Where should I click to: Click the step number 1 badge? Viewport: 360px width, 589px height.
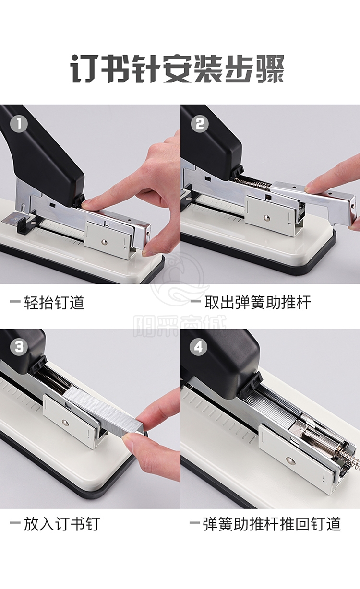pos(19,124)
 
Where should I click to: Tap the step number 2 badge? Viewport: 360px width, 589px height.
pos(200,124)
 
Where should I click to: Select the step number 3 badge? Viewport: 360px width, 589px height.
pos(19,347)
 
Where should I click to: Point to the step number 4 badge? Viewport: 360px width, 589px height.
pos(198,347)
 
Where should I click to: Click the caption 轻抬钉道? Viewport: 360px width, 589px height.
pos(54,302)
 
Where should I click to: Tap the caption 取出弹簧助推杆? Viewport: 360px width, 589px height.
pos(258,302)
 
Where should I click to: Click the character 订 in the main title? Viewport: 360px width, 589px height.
pos(84,69)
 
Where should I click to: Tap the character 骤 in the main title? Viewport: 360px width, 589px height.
pos(270,69)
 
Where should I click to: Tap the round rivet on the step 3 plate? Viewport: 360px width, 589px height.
pos(65,423)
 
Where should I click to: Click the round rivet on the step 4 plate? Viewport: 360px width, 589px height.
pos(290,460)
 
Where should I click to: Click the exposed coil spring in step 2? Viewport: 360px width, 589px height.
pos(253,183)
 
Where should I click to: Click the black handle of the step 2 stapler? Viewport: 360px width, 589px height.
pos(211,142)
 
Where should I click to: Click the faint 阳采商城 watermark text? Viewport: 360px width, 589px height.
pos(180,326)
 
